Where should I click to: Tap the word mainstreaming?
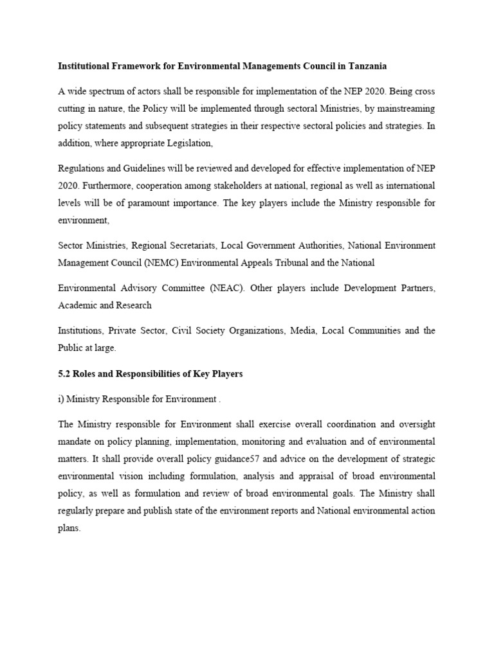point(408,109)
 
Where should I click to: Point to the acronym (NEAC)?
point(224,287)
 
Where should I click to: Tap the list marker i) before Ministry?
point(60,399)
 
